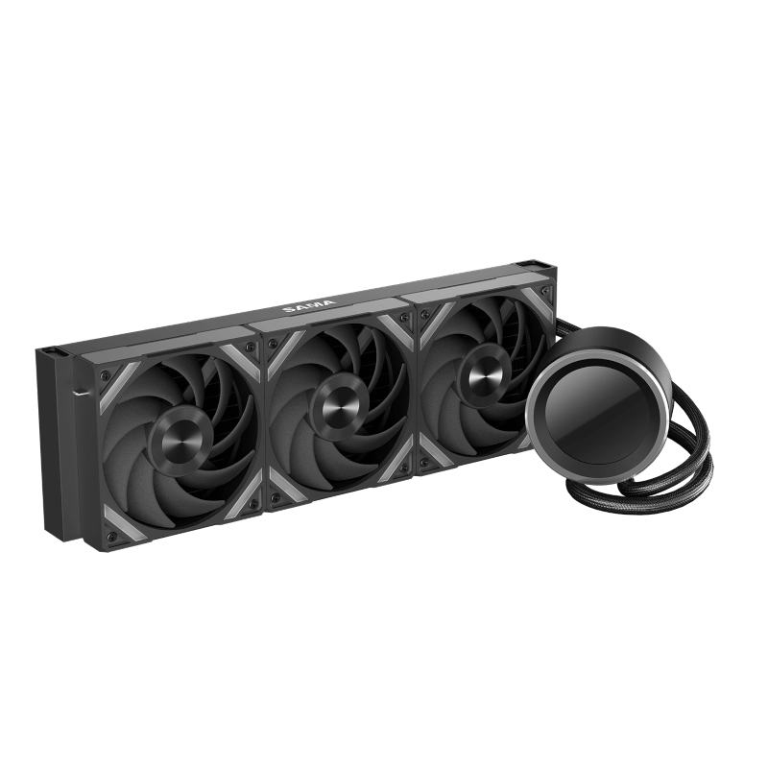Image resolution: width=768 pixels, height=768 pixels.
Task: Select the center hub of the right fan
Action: (x=484, y=375)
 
